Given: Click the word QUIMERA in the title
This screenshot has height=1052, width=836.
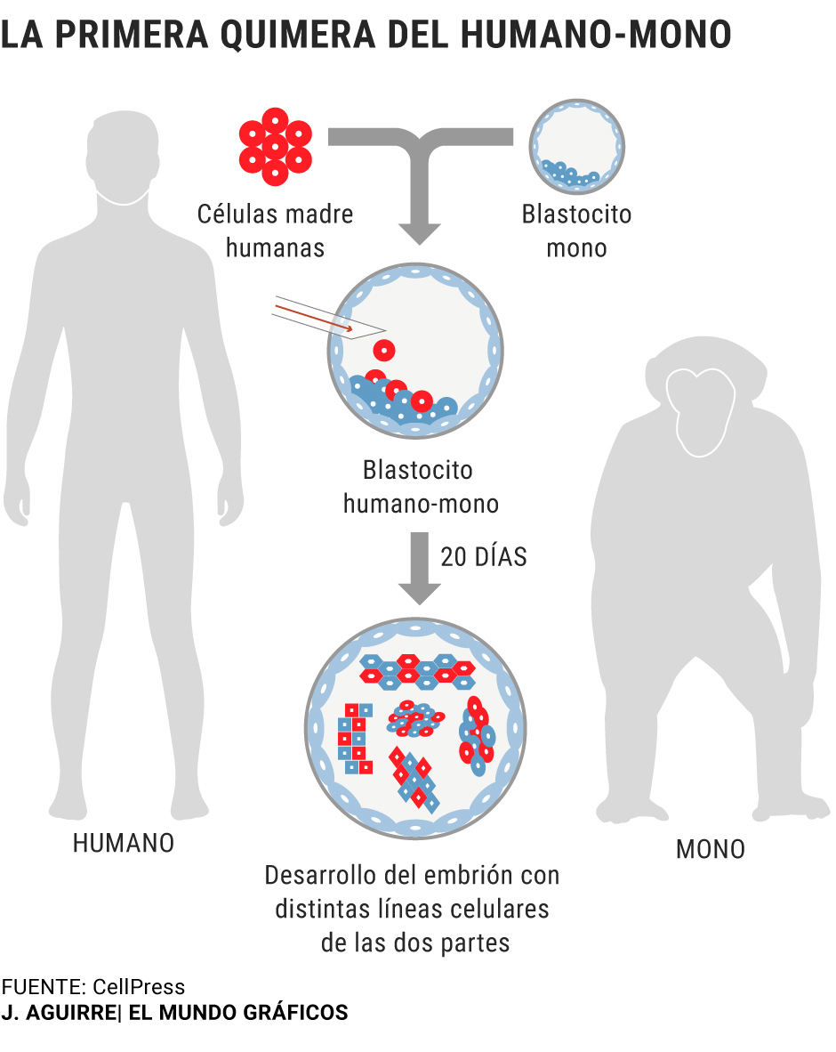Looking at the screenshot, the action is pos(297,34).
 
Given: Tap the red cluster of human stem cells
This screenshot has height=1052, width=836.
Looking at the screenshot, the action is pos(276,146).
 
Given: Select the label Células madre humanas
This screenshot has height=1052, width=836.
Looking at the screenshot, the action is pos(275,231).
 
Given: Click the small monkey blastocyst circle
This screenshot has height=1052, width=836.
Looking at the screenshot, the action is pos(576,147).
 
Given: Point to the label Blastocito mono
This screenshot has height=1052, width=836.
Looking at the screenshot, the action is pos(576,231).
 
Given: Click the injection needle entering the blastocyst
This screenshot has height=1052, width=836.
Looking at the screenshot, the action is pos(328,317).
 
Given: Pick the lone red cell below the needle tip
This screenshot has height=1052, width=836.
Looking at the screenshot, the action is pos(384,350).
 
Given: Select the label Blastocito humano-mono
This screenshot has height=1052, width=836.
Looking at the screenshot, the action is pos(421,487).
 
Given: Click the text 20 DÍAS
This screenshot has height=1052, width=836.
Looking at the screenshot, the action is pos(484,557).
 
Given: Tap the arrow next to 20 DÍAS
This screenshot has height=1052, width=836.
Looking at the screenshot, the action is pos(420,568).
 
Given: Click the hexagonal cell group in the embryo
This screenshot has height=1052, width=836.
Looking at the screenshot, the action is pos(417,672).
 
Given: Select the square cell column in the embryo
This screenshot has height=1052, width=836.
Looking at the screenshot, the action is pos(355,738).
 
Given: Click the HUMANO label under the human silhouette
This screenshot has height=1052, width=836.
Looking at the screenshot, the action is pos(124,844).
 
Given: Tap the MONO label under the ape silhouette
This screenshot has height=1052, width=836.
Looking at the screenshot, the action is pos(711,849).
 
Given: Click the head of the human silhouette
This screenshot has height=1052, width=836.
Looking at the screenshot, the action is pos(124,152).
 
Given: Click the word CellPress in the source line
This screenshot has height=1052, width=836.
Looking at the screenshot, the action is pos(139,987).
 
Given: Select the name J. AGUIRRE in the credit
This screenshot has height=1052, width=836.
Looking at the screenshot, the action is pos(59,1013).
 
